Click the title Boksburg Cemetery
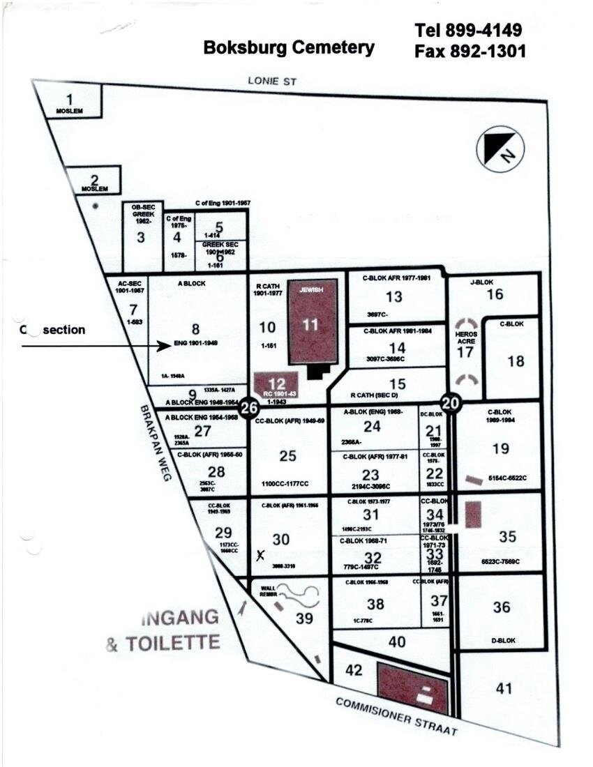click(x=289, y=47)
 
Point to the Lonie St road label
click(x=272, y=82)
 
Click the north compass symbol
click(x=500, y=150)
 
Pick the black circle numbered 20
click(x=451, y=402)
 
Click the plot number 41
click(x=504, y=688)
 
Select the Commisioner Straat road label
click(x=396, y=716)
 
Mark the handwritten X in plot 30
click(x=260, y=555)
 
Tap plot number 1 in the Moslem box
click(x=68, y=100)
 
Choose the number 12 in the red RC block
click(x=277, y=383)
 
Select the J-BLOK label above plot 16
click(x=482, y=282)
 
